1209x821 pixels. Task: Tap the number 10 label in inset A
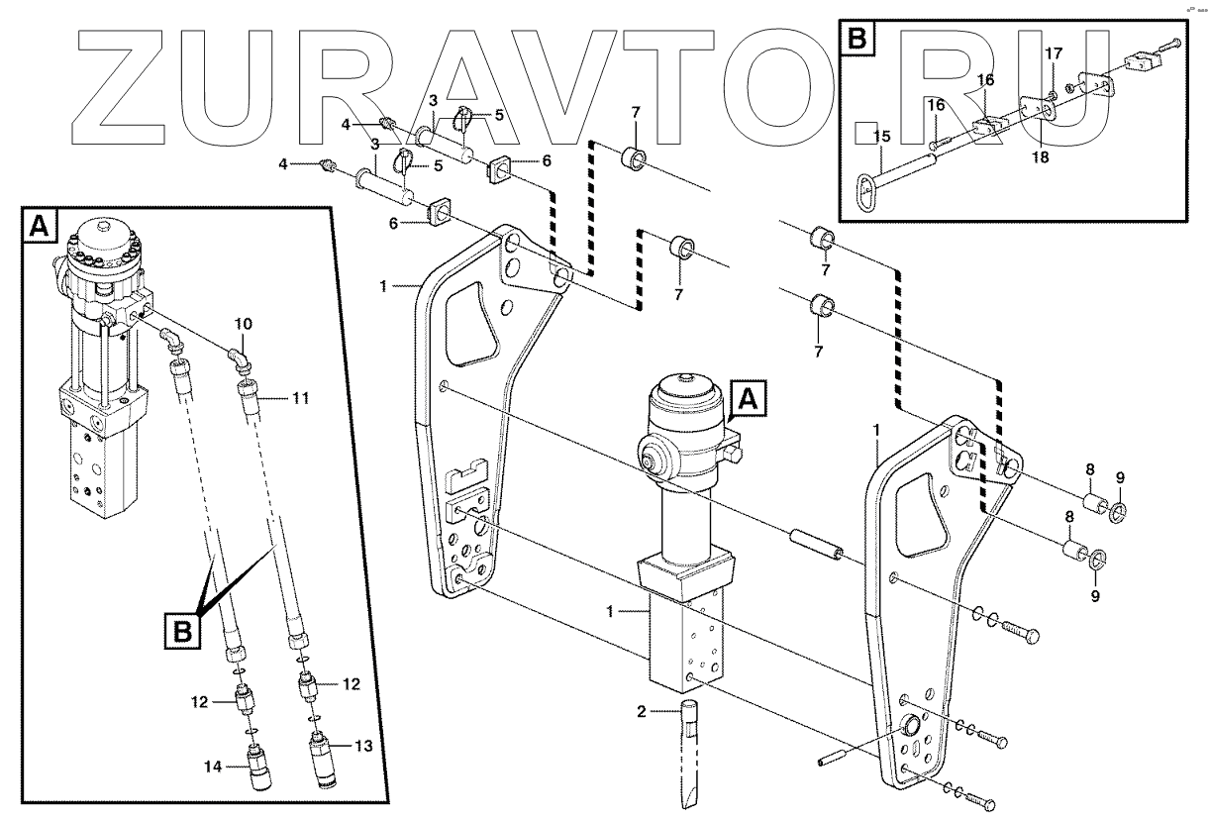(x=244, y=324)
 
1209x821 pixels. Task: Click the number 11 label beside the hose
(x=301, y=398)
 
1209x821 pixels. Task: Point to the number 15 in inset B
(x=882, y=135)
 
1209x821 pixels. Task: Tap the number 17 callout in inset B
(x=1053, y=51)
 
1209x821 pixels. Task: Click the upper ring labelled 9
(x=1119, y=511)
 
